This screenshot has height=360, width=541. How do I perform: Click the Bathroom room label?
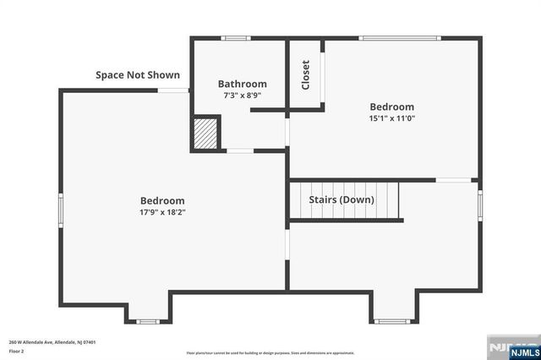(x=242, y=84)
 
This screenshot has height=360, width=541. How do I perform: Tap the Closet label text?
(x=305, y=75)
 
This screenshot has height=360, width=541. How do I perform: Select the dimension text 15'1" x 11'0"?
(x=391, y=118)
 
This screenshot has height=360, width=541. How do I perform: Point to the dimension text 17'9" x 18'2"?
(x=162, y=212)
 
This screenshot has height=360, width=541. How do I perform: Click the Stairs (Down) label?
(x=342, y=199)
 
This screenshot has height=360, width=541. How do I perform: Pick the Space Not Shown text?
(x=137, y=75)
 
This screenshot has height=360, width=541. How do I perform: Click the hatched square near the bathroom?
(x=205, y=134)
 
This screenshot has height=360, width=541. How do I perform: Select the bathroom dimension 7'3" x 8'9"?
(x=242, y=95)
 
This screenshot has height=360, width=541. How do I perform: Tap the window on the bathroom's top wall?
(x=235, y=38)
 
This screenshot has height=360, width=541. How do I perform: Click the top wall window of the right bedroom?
(x=399, y=38)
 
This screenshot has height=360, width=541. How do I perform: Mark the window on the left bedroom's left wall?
(x=60, y=208)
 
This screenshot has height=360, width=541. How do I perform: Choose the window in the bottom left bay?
(x=148, y=321)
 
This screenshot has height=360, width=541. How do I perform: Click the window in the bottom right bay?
(x=391, y=321)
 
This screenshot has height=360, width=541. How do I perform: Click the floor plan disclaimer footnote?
(x=270, y=352)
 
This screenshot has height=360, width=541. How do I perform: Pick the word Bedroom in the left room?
(x=162, y=200)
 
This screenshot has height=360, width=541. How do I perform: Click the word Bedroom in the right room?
(x=391, y=106)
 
